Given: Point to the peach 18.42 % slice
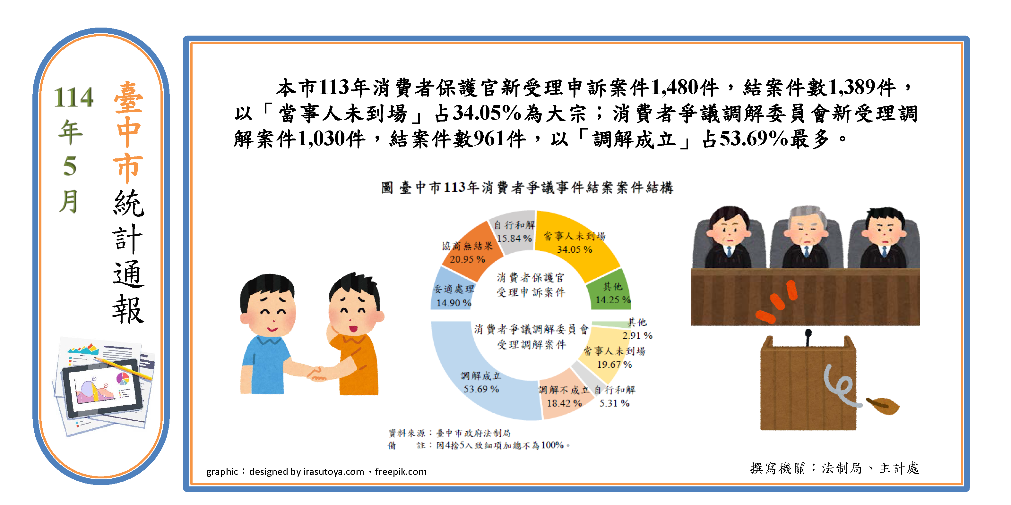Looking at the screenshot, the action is [x=563, y=396].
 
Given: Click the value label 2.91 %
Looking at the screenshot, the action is [x=637, y=336].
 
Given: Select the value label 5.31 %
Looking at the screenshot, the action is [x=614, y=403].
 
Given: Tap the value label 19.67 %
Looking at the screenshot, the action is [x=614, y=364].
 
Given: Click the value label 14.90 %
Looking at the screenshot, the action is [x=454, y=303].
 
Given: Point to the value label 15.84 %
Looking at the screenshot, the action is [x=514, y=238].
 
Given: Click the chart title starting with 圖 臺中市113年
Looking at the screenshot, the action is [x=527, y=188].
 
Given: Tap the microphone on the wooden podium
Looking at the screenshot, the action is [x=808, y=337].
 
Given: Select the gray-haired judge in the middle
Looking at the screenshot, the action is [x=807, y=237].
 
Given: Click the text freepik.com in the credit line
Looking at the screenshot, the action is [x=401, y=472].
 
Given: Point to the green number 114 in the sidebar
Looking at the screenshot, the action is [x=73, y=97].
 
